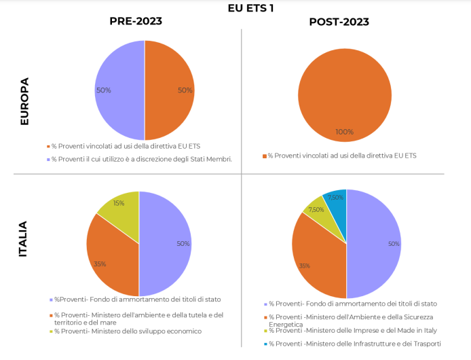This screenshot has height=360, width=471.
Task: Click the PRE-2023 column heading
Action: coord(136,21)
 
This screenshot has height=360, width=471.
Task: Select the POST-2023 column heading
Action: coord(339,22)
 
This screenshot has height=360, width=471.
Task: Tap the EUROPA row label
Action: coord(24,101)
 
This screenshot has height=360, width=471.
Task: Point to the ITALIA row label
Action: coord(23,238)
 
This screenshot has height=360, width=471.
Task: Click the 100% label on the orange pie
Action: coord(345,132)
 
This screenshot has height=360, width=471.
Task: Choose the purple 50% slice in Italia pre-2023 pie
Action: coord(166,244)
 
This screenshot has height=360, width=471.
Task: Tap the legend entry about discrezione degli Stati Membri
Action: coord(143,159)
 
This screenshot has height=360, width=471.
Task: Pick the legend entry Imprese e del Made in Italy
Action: coord(353,331)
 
